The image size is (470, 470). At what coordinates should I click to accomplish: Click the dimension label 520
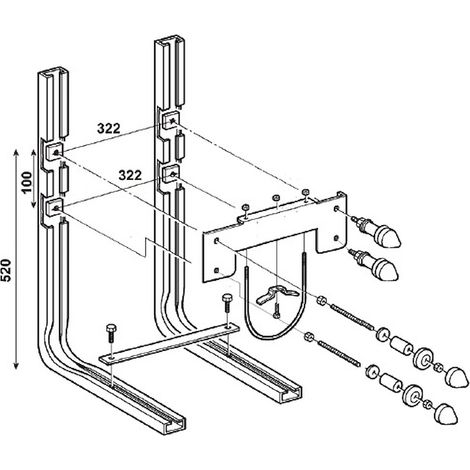point(7,270)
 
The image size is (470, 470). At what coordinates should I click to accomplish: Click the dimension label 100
point(27,182)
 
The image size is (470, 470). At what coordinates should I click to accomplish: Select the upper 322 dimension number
point(108,128)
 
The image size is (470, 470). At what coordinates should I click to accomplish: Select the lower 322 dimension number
point(130,175)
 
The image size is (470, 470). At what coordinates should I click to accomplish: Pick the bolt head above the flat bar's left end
point(111,328)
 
